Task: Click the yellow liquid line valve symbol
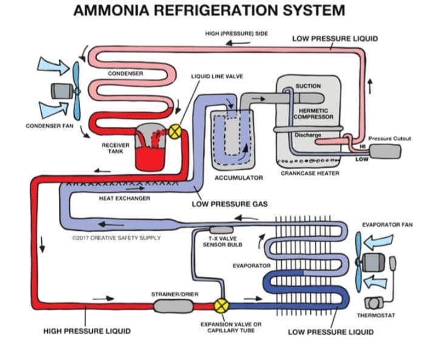[x=175, y=131]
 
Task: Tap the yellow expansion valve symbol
[x=222, y=305]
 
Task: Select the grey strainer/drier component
[x=173, y=306]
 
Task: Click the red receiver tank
[x=150, y=147]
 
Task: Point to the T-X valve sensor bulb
[x=222, y=229]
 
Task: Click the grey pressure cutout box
[x=385, y=151]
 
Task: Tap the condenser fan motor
[x=62, y=91]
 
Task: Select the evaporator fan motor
[x=373, y=262]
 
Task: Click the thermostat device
[x=373, y=303]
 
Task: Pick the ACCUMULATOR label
[x=239, y=178]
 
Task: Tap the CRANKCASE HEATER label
[x=310, y=173]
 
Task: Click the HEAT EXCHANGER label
[x=124, y=199]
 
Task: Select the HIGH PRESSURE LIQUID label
[x=87, y=331]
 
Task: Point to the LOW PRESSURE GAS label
[x=229, y=204]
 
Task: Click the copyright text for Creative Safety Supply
[x=116, y=238]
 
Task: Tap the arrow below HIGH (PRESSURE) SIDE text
[x=238, y=43]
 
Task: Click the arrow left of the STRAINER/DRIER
[x=103, y=299]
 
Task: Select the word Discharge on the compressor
[x=308, y=135]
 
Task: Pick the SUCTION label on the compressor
[x=308, y=86]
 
